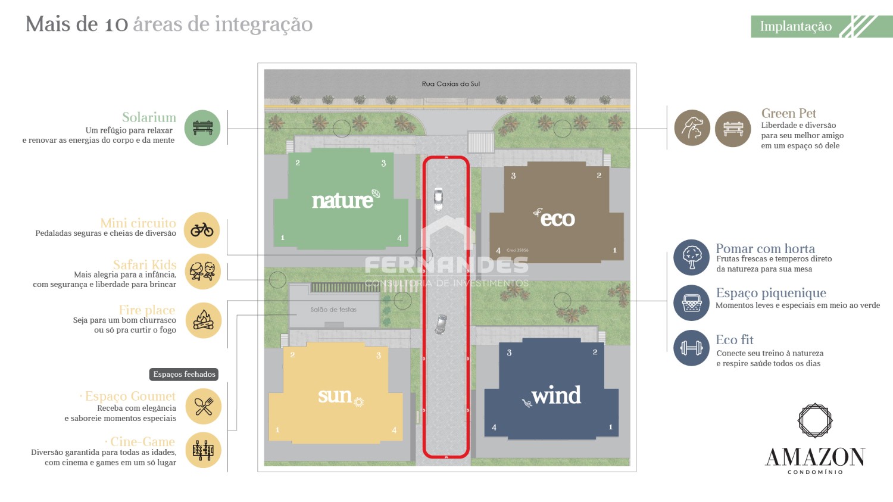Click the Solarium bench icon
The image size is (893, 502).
coord(202,128)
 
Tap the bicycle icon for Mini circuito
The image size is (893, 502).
coord(202,230)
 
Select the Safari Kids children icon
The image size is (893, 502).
coord(202,272)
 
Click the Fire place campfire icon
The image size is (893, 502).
coord(203,320)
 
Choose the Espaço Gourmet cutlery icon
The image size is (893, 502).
coord(203,406)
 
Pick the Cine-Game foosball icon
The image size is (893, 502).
coord(203,450)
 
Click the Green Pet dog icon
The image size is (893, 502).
coord(692,128)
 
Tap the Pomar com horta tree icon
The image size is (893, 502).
coord(691,257)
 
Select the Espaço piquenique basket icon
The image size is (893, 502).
coord(691,303)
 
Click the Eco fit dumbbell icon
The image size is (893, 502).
coord(691,347)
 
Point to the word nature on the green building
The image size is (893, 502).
coord(342,201)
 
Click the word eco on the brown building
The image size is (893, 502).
coord(557,219)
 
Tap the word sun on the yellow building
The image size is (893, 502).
coord(335,395)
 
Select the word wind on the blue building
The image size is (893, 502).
coord(555,395)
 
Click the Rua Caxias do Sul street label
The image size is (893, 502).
coord(451,84)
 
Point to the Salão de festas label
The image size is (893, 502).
coord(333,310)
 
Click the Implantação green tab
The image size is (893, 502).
coord(796,26)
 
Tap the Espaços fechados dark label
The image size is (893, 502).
coord(184,375)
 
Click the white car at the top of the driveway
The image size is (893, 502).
coord(438,198)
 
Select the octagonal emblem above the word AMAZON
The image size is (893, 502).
coord(814,420)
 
